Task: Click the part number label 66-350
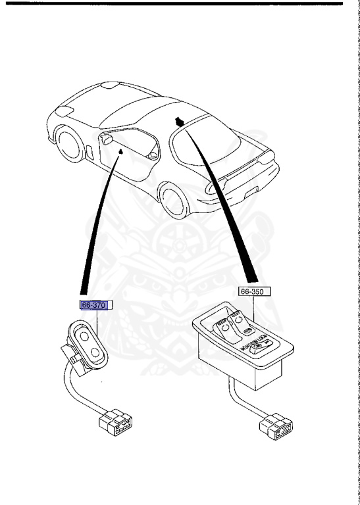(255, 290)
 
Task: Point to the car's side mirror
(105, 140)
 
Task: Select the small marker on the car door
(120, 151)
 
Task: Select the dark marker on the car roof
(179, 121)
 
